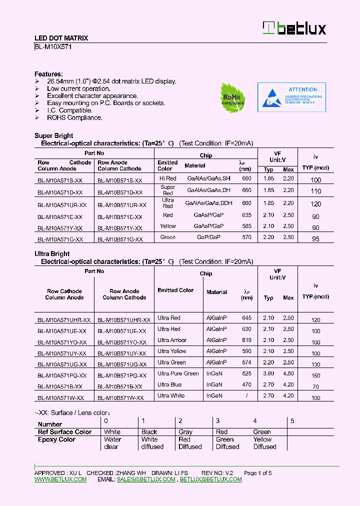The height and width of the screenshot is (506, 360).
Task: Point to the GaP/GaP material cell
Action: (208, 237)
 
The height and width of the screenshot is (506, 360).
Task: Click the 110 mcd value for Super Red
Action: (315, 191)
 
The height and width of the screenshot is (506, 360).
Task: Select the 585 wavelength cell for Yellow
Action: (246, 226)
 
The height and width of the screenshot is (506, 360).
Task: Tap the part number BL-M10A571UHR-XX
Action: (64, 320)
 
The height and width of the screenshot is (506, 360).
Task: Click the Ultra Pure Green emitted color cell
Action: (178, 373)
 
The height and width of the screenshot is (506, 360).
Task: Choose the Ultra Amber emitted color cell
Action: (171, 340)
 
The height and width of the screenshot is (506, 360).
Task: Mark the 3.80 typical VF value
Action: (268, 373)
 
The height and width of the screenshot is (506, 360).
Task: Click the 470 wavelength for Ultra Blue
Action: (246, 385)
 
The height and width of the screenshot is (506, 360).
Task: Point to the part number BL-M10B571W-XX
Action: (120, 398)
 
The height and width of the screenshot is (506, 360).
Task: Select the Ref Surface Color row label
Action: (64, 432)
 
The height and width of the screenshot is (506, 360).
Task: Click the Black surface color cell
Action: (149, 432)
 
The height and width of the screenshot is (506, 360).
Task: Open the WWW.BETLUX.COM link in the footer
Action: (60, 479)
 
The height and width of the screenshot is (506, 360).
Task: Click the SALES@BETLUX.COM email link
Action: (146, 479)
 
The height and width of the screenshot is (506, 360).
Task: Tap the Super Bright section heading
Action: (53, 135)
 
